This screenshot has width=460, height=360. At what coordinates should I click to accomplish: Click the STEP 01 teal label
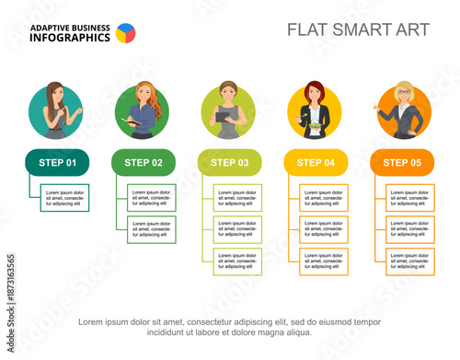point(57,162)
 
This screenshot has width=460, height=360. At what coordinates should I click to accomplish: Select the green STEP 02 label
point(143,162)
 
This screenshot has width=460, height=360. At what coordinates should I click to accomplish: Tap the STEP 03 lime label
point(229,162)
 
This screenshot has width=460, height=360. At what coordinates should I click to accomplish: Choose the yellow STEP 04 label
point(316,162)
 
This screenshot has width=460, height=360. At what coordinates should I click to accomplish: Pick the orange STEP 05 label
point(402,162)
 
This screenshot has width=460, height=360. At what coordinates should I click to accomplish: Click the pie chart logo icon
point(125,33)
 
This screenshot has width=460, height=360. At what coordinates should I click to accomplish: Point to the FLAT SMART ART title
point(358,29)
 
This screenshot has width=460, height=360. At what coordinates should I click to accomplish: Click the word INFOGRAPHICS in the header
point(70,39)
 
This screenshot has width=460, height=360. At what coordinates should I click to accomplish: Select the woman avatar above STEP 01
point(56,110)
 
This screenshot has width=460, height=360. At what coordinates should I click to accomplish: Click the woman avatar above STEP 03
point(229,110)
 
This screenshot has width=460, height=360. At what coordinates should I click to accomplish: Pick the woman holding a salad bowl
point(316,110)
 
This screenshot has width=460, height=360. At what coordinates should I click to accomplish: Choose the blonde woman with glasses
point(402,110)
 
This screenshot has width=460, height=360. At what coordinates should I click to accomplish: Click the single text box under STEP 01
point(64,197)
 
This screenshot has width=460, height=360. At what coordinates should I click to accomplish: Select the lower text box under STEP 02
point(151,229)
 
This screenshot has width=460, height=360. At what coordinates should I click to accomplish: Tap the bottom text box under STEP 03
point(237,261)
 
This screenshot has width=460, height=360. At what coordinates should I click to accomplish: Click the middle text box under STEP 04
point(324,229)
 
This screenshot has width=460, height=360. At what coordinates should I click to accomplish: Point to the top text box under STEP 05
point(410,197)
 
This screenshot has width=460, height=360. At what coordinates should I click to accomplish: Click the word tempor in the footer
point(366,321)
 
